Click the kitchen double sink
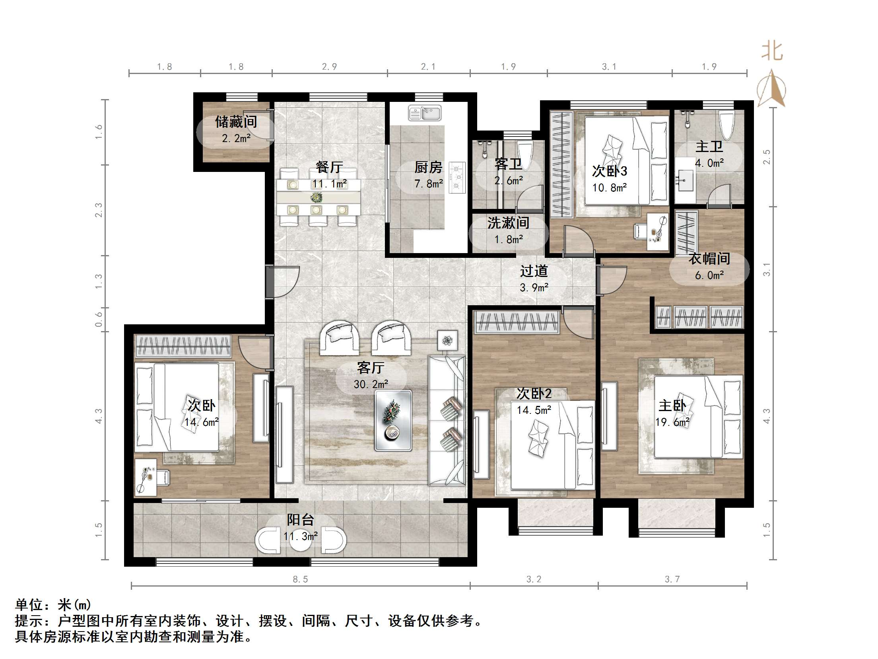click(x=425, y=113)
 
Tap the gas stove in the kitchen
click(x=457, y=177)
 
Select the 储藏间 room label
click(x=236, y=122)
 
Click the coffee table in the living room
click(x=393, y=421)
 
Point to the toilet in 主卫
click(x=726, y=125)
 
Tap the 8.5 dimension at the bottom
click(x=301, y=579)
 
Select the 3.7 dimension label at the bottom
click(x=672, y=579)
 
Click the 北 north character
click(x=772, y=51)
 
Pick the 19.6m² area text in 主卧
click(x=672, y=422)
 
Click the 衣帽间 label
click(x=709, y=259)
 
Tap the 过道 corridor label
click(x=534, y=271)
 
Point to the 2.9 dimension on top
click(x=330, y=67)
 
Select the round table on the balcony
click(x=301, y=540)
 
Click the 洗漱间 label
click(x=508, y=223)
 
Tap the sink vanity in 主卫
click(x=684, y=180)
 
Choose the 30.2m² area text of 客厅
click(x=371, y=384)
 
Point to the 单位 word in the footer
click(x=29, y=605)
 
